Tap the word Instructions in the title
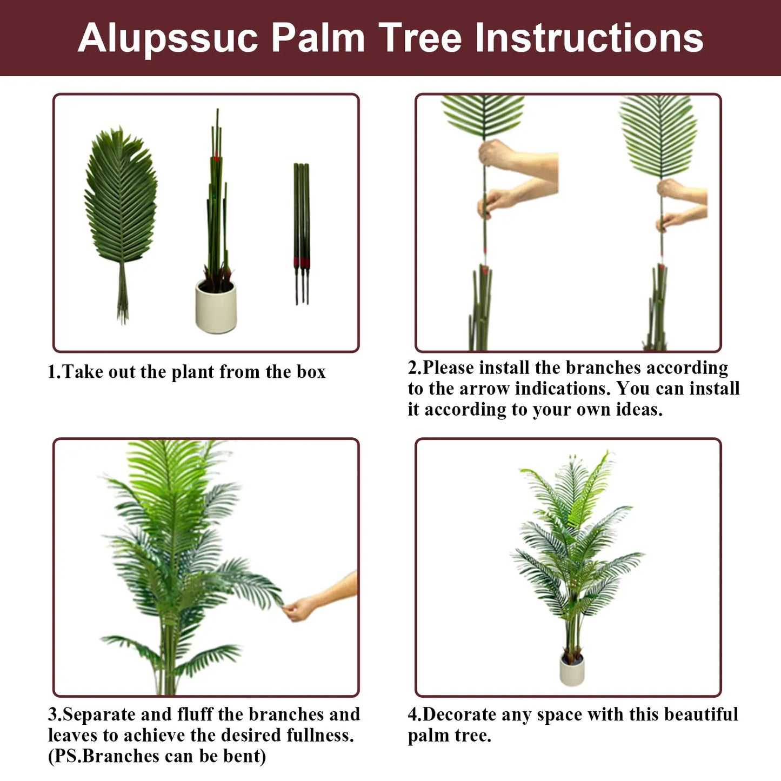click(589, 38)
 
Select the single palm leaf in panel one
click(121, 200)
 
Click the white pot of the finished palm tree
click(572, 671)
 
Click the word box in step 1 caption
click(311, 372)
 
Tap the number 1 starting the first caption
click(52, 372)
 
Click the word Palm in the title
click(318, 38)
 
